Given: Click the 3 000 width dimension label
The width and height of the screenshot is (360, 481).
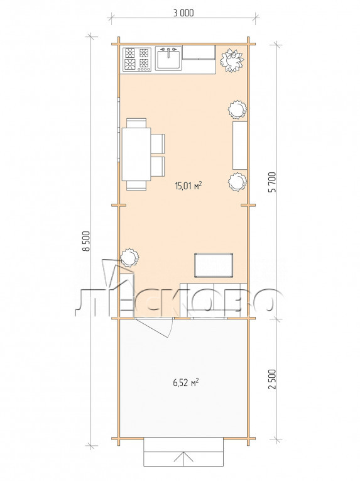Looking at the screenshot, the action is click(183, 13).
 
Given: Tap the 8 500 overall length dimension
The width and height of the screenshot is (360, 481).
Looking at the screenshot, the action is click(88, 241).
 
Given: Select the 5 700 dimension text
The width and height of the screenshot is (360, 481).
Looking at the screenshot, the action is click(272, 182).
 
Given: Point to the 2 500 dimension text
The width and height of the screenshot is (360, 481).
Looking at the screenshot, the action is click(272, 379).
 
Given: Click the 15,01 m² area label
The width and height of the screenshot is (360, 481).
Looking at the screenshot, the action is click(188, 185).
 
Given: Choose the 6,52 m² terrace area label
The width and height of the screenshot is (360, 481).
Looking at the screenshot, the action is click(185, 383).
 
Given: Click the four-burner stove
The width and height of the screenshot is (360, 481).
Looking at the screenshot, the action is click(137, 60).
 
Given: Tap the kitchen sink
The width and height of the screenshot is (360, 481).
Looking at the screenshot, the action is click(168, 58).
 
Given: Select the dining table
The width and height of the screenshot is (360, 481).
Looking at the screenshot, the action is click(136, 154).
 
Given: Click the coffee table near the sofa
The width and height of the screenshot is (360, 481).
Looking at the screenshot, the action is click(214, 265).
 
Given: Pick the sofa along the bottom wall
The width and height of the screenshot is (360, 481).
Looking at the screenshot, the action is click(214, 301).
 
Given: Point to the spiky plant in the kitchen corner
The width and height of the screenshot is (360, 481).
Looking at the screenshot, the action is click(232, 60).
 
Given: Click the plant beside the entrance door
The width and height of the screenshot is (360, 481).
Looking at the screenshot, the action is click(129, 257).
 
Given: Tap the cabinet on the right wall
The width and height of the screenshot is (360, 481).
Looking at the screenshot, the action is click(240, 145).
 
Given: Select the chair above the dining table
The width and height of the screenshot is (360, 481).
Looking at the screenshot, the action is click(136, 123).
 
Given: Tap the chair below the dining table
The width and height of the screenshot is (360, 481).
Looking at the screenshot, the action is click(136, 185).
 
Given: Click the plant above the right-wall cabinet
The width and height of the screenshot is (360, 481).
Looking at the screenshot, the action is click(237, 110).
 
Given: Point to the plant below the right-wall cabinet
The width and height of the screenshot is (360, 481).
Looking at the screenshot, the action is click(237, 182).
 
